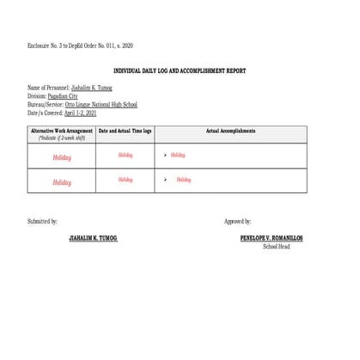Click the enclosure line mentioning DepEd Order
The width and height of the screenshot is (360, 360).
80,45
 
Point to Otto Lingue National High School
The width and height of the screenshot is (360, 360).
107,104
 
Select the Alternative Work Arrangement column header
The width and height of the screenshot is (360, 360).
61,131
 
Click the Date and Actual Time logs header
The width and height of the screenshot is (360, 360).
125,131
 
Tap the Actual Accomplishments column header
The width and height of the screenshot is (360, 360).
232,131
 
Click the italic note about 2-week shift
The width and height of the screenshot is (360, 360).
61,137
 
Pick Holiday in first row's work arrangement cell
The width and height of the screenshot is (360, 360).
62,157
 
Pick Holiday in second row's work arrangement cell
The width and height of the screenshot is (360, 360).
62,182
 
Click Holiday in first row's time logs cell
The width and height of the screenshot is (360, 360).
125,156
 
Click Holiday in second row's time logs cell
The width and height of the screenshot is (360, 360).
125,180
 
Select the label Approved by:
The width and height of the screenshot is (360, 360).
238,222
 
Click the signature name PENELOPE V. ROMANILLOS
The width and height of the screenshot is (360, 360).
272,238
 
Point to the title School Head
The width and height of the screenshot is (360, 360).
276,247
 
